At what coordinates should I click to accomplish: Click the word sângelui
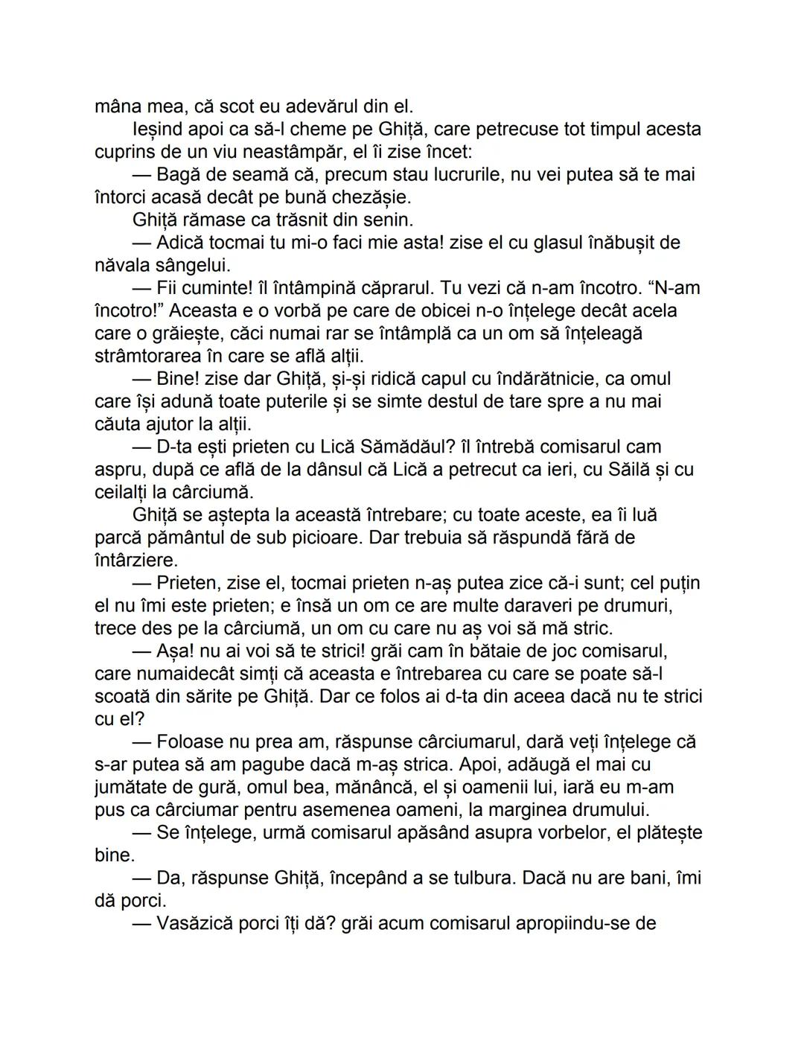coord(191,265)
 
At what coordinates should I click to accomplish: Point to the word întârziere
coord(136,560)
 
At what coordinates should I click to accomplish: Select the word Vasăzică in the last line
coord(194,924)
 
